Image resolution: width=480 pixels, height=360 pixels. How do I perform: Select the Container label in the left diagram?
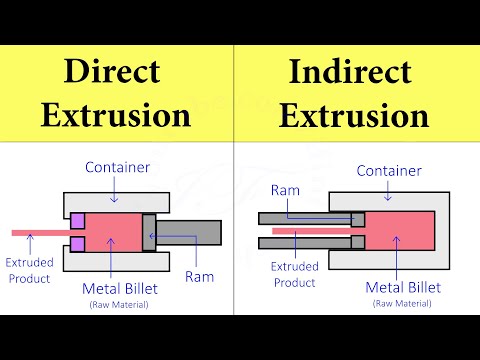(119, 165)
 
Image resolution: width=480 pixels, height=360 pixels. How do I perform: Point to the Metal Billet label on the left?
(116, 289)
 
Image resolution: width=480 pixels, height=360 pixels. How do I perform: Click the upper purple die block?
(77, 219)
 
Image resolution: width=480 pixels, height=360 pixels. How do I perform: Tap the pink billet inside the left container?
(112, 232)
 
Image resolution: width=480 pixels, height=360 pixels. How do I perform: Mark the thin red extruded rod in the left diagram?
(40, 232)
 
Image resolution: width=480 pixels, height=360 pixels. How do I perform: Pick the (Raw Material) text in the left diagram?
(116, 304)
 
